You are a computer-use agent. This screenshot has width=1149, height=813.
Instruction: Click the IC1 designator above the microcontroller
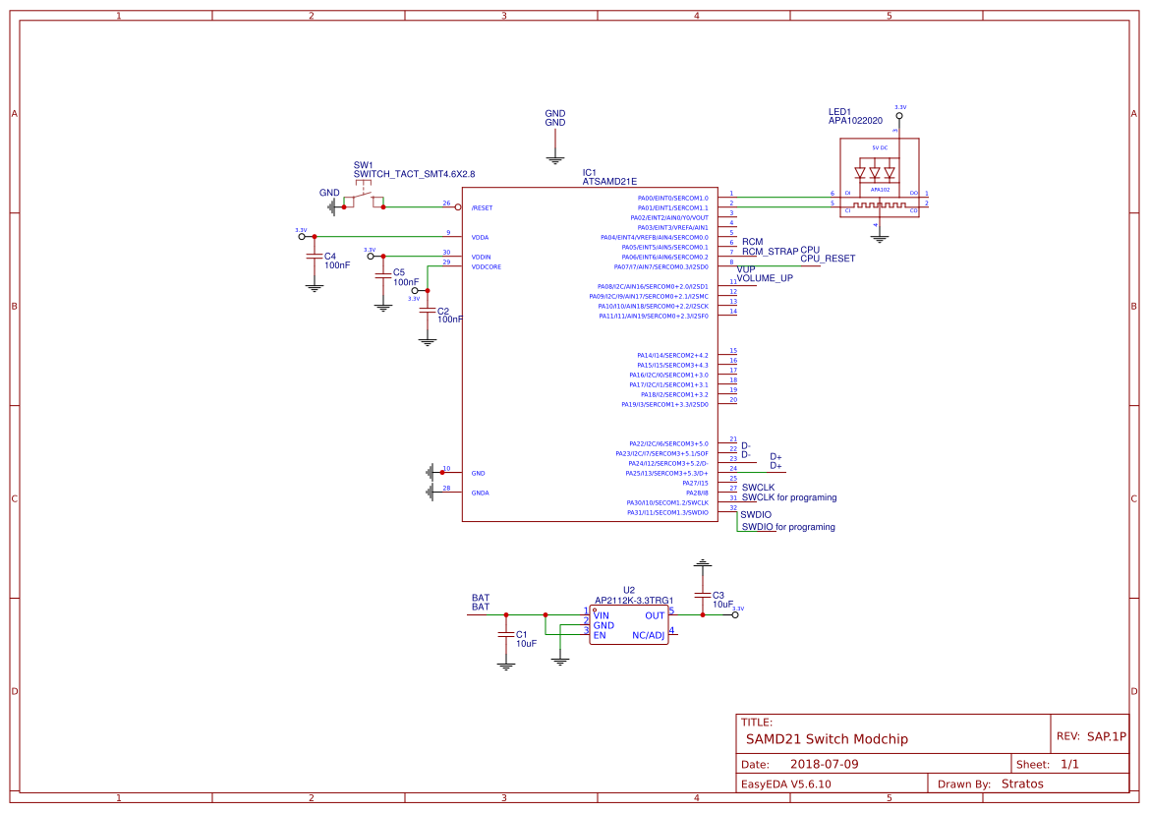click(x=590, y=172)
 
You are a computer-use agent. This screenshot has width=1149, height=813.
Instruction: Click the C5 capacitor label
click(x=398, y=272)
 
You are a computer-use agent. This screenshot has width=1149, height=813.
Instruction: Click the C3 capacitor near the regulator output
click(x=702, y=595)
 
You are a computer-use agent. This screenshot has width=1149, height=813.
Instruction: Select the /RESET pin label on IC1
click(x=482, y=207)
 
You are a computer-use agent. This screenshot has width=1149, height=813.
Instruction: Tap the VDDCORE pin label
click(x=486, y=266)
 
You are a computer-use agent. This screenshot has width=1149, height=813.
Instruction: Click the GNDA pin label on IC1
click(x=481, y=493)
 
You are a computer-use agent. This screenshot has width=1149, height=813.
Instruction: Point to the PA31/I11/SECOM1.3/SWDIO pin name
click(x=667, y=512)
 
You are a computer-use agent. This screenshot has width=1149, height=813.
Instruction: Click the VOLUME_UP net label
click(x=765, y=278)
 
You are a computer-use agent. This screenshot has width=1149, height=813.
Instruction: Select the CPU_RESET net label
click(x=828, y=259)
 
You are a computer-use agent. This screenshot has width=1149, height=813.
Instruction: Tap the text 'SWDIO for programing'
click(x=788, y=527)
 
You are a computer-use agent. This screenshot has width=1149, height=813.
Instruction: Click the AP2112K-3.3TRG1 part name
click(x=634, y=600)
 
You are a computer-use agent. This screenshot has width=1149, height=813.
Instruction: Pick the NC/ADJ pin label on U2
click(x=648, y=635)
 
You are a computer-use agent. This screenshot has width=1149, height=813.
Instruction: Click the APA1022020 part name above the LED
click(x=855, y=121)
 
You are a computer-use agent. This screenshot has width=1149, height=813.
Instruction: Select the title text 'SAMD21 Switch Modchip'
click(x=827, y=738)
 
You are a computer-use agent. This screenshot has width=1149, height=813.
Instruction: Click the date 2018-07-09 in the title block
click(x=825, y=764)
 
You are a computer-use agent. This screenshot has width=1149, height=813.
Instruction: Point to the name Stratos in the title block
click(x=1021, y=784)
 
